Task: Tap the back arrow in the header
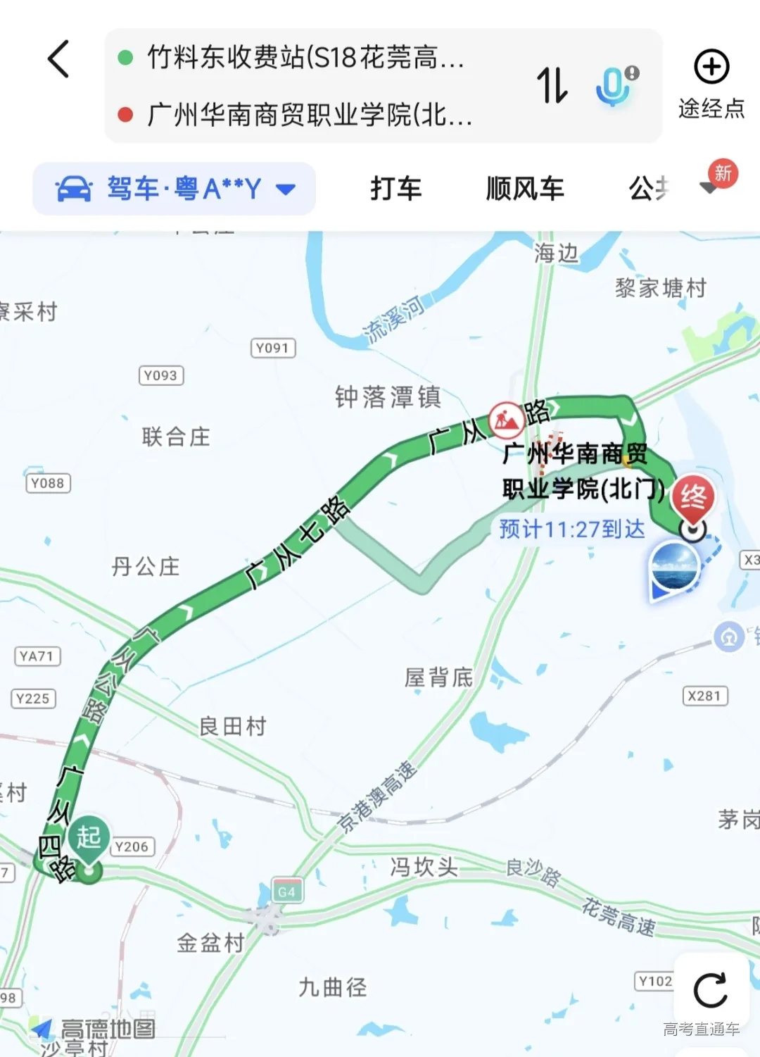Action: point(59,59)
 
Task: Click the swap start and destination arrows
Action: point(552,85)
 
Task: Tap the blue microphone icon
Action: point(614,85)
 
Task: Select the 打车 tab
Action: point(396,189)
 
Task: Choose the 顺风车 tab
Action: point(525,189)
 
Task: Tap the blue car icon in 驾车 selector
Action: point(74,189)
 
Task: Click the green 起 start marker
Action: point(89,838)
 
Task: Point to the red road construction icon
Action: point(507,420)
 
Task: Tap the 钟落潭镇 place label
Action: point(388,397)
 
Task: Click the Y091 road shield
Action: point(273,348)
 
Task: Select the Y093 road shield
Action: point(161,375)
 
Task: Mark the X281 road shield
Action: point(704,696)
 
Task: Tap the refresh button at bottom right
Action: point(710,991)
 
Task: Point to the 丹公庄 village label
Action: point(146,567)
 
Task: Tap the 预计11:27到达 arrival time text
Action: point(571,529)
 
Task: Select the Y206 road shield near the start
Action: point(132,846)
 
